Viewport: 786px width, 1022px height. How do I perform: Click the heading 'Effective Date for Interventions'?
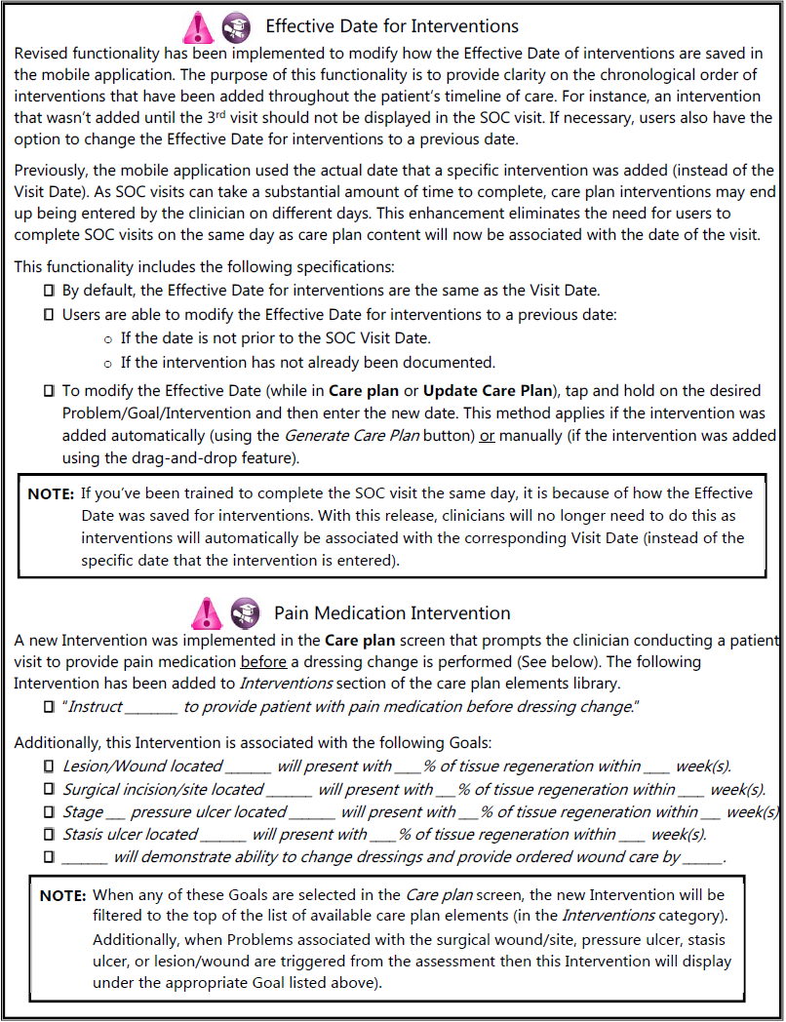(x=392, y=26)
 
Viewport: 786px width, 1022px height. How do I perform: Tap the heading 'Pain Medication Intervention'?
(x=392, y=613)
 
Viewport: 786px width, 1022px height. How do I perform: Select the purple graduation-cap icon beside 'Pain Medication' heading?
(x=243, y=613)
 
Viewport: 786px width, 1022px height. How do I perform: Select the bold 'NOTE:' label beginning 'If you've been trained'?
(x=51, y=493)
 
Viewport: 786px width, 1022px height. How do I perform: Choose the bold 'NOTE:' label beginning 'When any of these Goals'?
(x=62, y=895)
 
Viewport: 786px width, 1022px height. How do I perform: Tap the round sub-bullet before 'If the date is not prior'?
(x=107, y=338)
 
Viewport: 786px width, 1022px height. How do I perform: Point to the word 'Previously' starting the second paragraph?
(x=53, y=171)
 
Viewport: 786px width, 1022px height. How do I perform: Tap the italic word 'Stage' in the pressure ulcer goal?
(x=83, y=812)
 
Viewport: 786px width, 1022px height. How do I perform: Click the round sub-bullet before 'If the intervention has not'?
(x=107, y=363)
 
